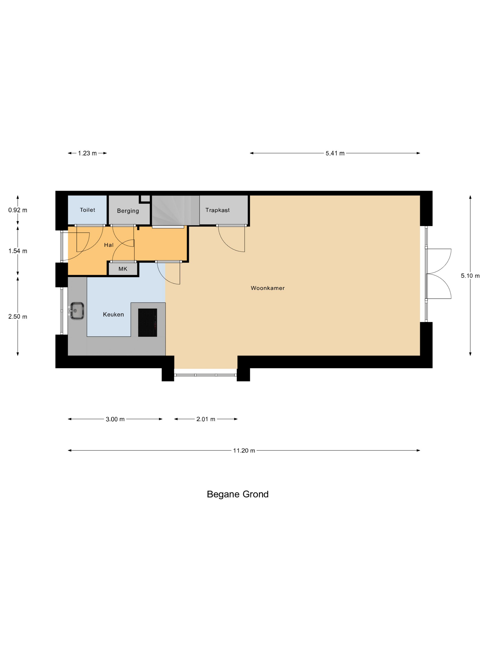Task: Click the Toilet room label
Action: [x=87, y=210]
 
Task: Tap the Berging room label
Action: [x=128, y=211]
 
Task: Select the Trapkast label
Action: [x=217, y=210]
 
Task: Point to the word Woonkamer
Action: [x=267, y=288]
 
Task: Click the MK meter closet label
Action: [x=123, y=269]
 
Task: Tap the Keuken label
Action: [x=113, y=314]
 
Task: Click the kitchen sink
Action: [x=77, y=311]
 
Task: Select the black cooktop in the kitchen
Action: [x=147, y=322]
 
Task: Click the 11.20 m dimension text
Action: [x=244, y=451]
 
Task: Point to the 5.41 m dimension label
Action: [x=335, y=153]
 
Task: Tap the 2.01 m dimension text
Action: [x=206, y=419]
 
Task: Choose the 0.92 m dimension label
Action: [x=18, y=210]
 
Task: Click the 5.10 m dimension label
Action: [x=470, y=276]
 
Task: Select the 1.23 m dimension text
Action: [x=87, y=153]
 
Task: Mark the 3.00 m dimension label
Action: [x=115, y=419]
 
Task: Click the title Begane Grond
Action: [x=237, y=494]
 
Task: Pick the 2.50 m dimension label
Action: [x=18, y=316]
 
